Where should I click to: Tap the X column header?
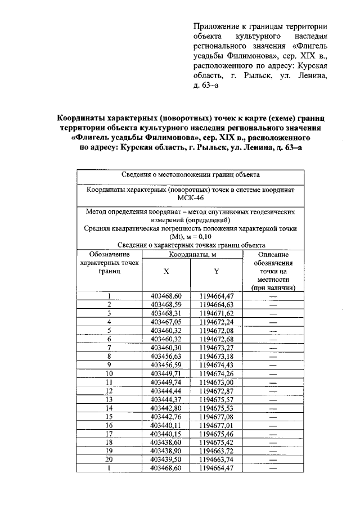pyautogui.click(x=166, y=270)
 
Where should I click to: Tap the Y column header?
pyautogui.click(x=216, y=270)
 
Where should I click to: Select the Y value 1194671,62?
pyautogui.click(x=216, y=313)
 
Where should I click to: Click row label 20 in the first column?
pyautogui.click(x=109, y=460)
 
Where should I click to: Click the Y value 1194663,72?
pyautogui.click(x=216, y=451)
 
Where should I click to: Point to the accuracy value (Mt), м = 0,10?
pyautogui.click(x=190, y=237)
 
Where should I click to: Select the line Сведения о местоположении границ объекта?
pyautogui.click(x=190, y=175)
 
